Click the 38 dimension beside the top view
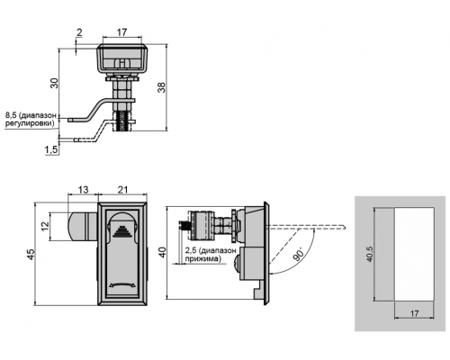pos(162,87)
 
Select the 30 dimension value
pos(54,83)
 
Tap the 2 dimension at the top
pos(79,32)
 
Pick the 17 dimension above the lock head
pos(121,32)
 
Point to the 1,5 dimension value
pos(51,150)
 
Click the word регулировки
pos(31,123)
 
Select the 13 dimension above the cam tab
pos(83,190)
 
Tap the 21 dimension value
pos(122,190)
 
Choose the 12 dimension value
pos(45,226)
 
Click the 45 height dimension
pos(31,255)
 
